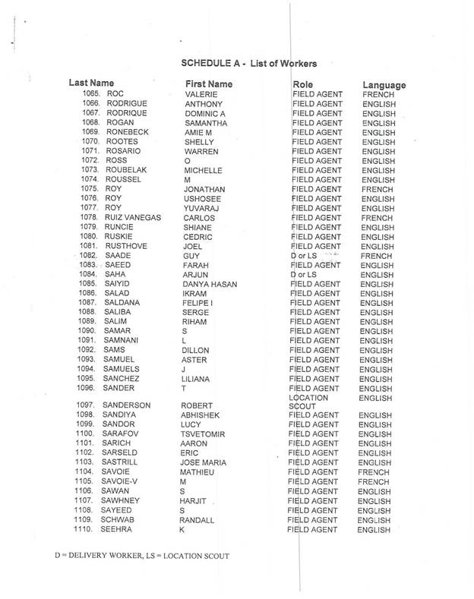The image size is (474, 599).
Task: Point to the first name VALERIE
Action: (x=200, y=94)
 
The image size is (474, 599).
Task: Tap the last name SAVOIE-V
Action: (x=122, y=481)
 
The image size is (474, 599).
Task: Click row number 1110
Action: (x=88, y=529)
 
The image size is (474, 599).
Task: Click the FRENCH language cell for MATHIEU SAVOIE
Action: (x=376, y=471)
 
